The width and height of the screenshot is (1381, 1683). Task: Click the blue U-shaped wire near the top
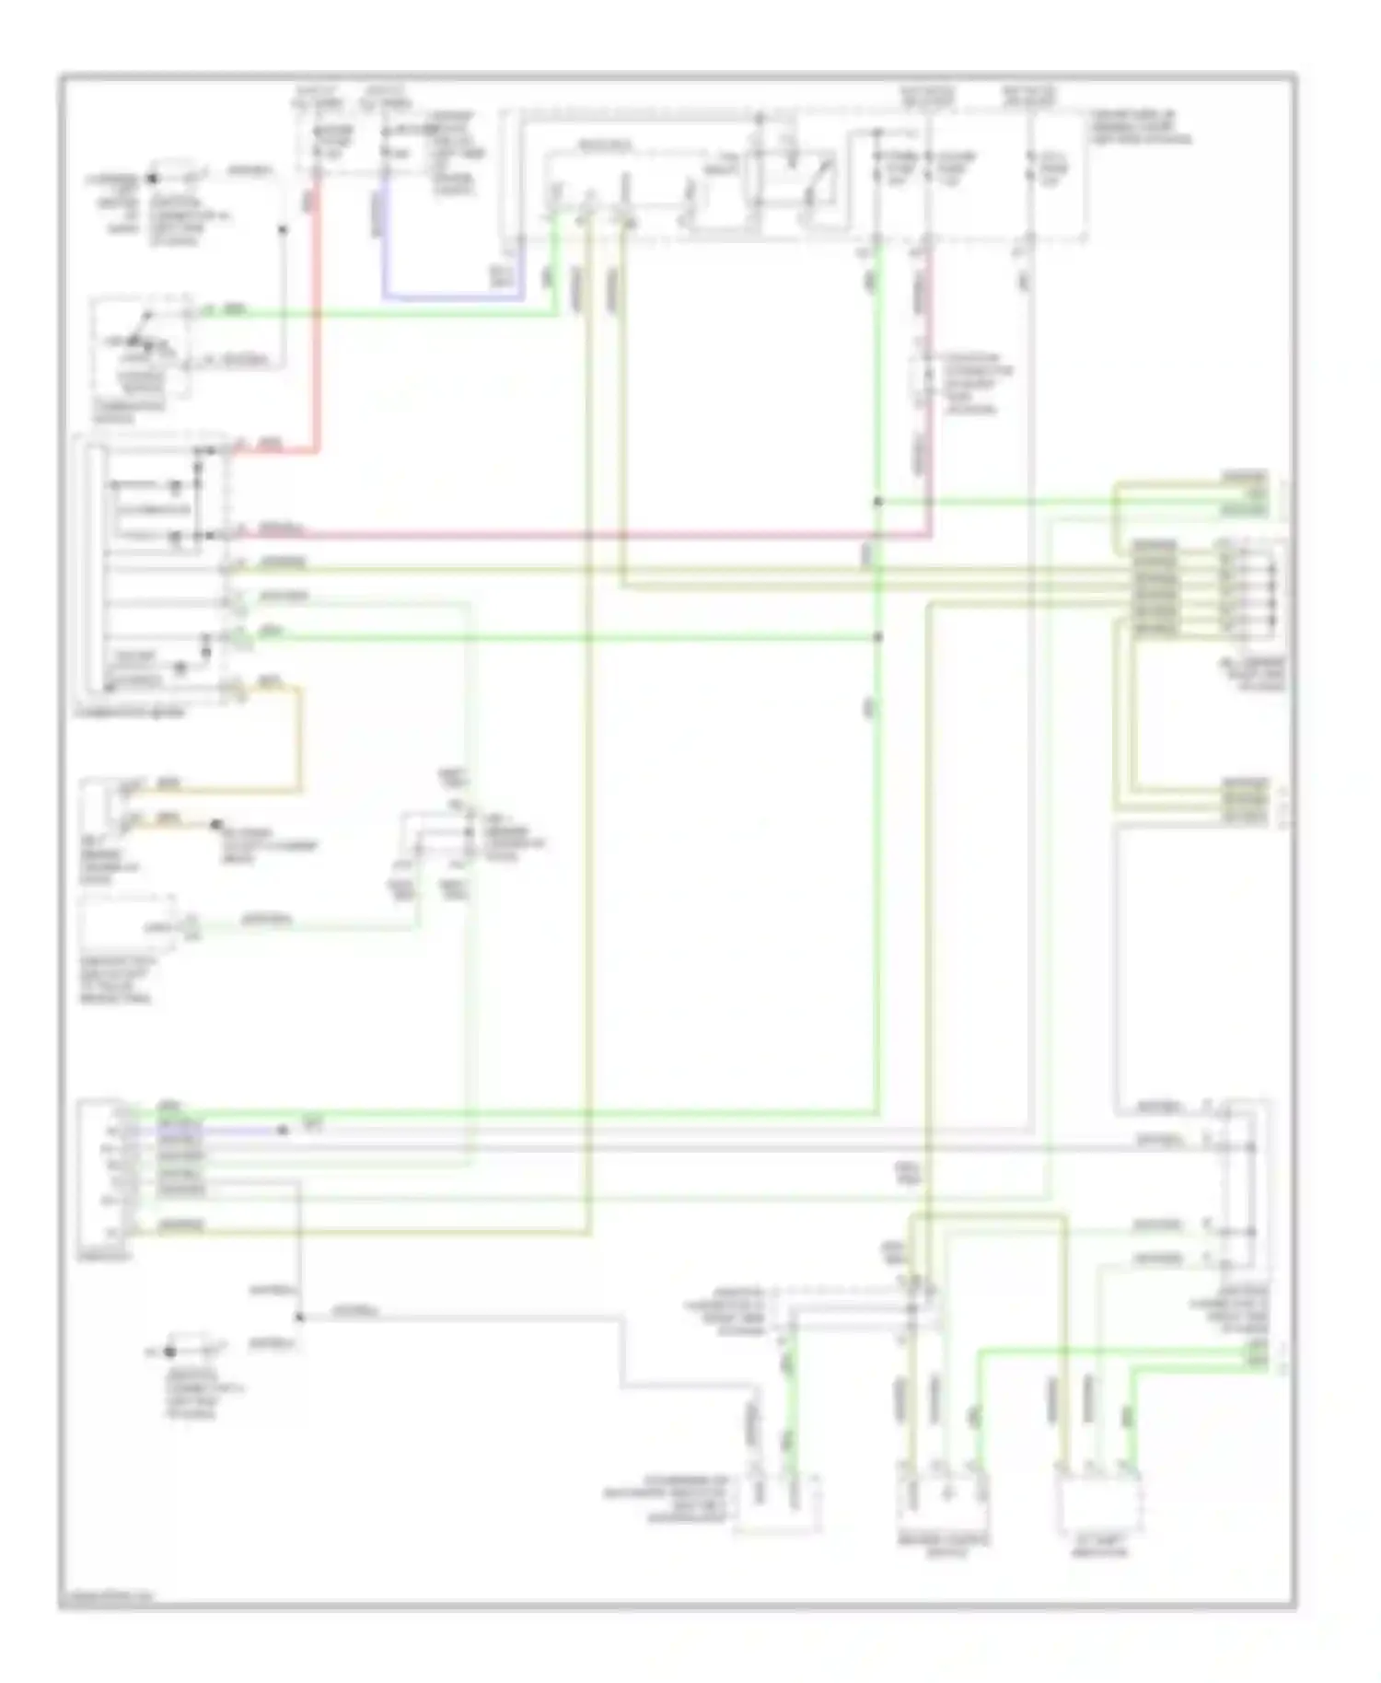pos(451,297)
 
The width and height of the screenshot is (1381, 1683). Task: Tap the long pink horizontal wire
pos(589,534)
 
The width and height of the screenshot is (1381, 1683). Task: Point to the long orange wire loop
pos(298,737)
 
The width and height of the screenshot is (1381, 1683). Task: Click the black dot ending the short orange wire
pos(218,824)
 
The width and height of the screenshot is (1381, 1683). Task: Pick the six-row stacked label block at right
pos(1155,586)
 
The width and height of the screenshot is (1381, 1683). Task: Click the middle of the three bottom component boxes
pos(944,1499)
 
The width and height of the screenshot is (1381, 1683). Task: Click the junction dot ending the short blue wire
pos(283,1130)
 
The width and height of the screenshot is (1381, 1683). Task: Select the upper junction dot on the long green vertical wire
pos(878,502)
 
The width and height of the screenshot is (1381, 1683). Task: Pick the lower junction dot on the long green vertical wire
pos(878,637)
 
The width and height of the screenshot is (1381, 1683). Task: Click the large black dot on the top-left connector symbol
pos(153,178)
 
